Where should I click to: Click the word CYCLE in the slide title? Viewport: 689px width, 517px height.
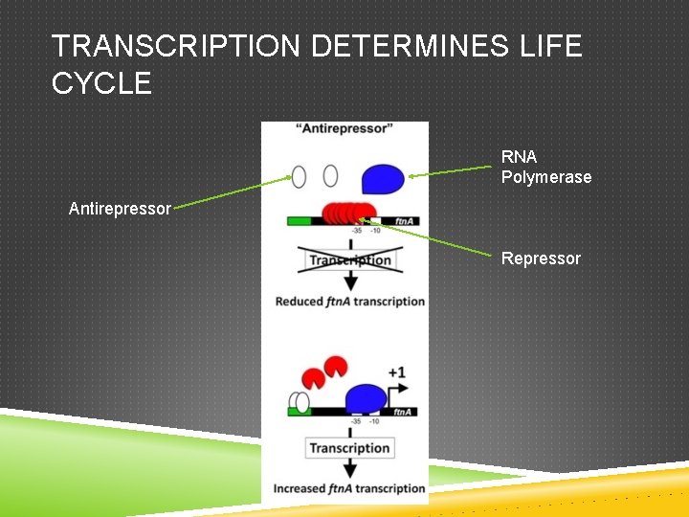(x=101, y=84)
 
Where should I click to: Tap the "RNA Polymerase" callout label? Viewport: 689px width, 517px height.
(x=545, y=167)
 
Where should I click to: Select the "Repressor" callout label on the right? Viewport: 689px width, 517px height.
(x=541, y=258)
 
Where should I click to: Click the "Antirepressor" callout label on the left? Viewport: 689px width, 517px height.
(x=120, y=208)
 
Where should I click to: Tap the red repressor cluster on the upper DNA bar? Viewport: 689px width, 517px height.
(x=348, y=214)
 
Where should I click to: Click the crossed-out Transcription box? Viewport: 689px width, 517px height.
(x=349, y=259)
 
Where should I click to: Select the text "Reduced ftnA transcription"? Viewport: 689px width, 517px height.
(x=349, y=302)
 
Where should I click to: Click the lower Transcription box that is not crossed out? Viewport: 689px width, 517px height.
(x=349, y=448)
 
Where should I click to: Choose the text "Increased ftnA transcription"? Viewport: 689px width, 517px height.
(x=349, y=488)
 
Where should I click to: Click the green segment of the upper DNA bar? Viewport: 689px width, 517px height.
(x=298, y=221)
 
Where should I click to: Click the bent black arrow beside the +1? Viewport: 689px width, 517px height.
(x=399, y=390)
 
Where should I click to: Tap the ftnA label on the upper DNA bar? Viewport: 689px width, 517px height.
(x=403, y=221)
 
